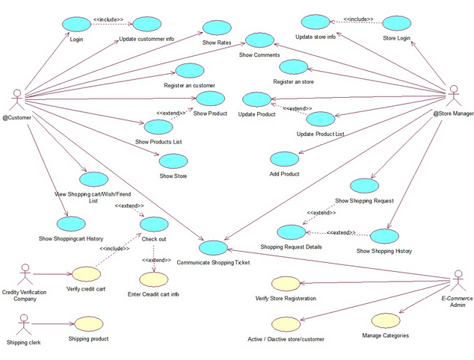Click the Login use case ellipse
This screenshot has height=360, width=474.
click(77, 22)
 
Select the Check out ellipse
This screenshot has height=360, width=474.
click(154, 224)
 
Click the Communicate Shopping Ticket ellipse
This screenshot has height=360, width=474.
click(214, 247)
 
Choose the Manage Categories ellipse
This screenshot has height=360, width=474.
click(385, 320)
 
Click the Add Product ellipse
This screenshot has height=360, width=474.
click(285, 158)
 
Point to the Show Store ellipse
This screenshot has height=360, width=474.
click(173, 161)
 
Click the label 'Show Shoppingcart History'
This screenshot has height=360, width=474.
click(72, 238)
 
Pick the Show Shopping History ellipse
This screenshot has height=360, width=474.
click(386, 236)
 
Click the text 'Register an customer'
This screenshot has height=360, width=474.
click(190, 86)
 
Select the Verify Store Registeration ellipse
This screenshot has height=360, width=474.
click(285, 283)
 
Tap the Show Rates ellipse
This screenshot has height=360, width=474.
click(216, 28)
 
